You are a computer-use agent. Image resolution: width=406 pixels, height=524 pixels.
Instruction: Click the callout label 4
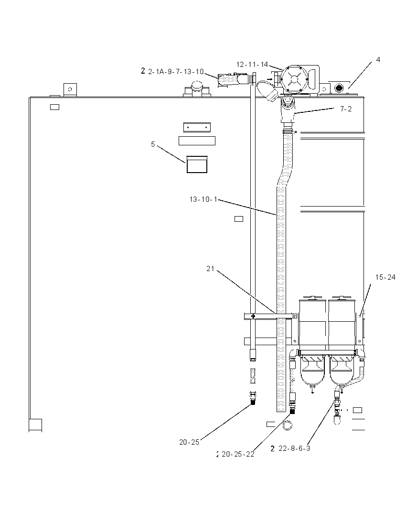378,60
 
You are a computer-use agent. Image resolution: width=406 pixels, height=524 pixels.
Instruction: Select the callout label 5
153,144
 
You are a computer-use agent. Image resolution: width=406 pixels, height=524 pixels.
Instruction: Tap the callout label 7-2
346,109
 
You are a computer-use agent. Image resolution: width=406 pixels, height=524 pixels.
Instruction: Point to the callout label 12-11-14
252,65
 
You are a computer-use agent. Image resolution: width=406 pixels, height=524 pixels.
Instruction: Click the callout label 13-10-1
203,199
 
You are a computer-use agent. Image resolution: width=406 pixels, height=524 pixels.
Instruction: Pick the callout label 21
210,269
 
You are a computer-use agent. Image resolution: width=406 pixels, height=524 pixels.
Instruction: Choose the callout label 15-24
385,277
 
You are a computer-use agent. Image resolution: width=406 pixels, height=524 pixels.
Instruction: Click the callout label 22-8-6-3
294,448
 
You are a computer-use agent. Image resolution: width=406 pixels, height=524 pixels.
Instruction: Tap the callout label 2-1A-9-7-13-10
176,72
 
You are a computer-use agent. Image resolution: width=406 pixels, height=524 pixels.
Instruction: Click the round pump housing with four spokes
293,79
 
